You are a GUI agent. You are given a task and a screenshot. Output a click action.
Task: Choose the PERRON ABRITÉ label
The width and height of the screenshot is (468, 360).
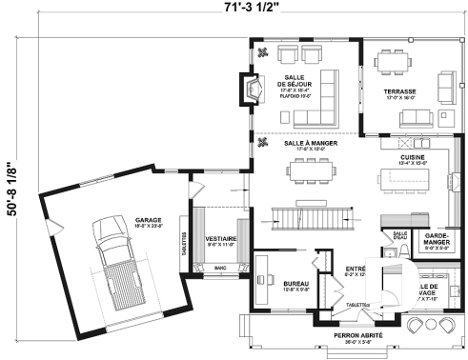[358, 336]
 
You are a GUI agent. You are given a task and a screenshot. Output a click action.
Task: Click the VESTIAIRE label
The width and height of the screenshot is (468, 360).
[220, 238]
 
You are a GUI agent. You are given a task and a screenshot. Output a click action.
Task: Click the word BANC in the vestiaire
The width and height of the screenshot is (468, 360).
[220, 269]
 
